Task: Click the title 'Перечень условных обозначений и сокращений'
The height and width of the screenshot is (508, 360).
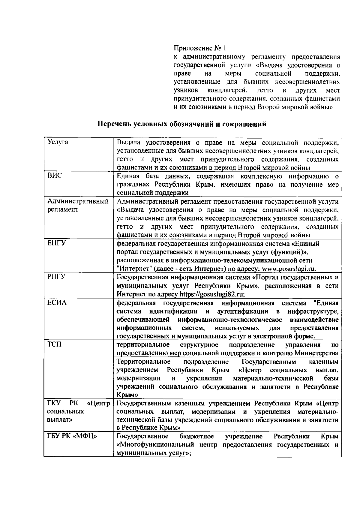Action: (x=182, y=124)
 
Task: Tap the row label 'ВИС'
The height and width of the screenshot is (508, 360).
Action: (x=54, y=176)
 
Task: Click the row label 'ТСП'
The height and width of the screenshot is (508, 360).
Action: (x=54, y=344)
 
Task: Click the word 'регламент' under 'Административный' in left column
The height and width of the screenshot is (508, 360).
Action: (x=63, y=210)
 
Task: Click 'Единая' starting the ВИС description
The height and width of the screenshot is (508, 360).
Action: (x=127, y=176)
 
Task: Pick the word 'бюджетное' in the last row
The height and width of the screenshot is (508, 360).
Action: (x=196, y=436)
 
